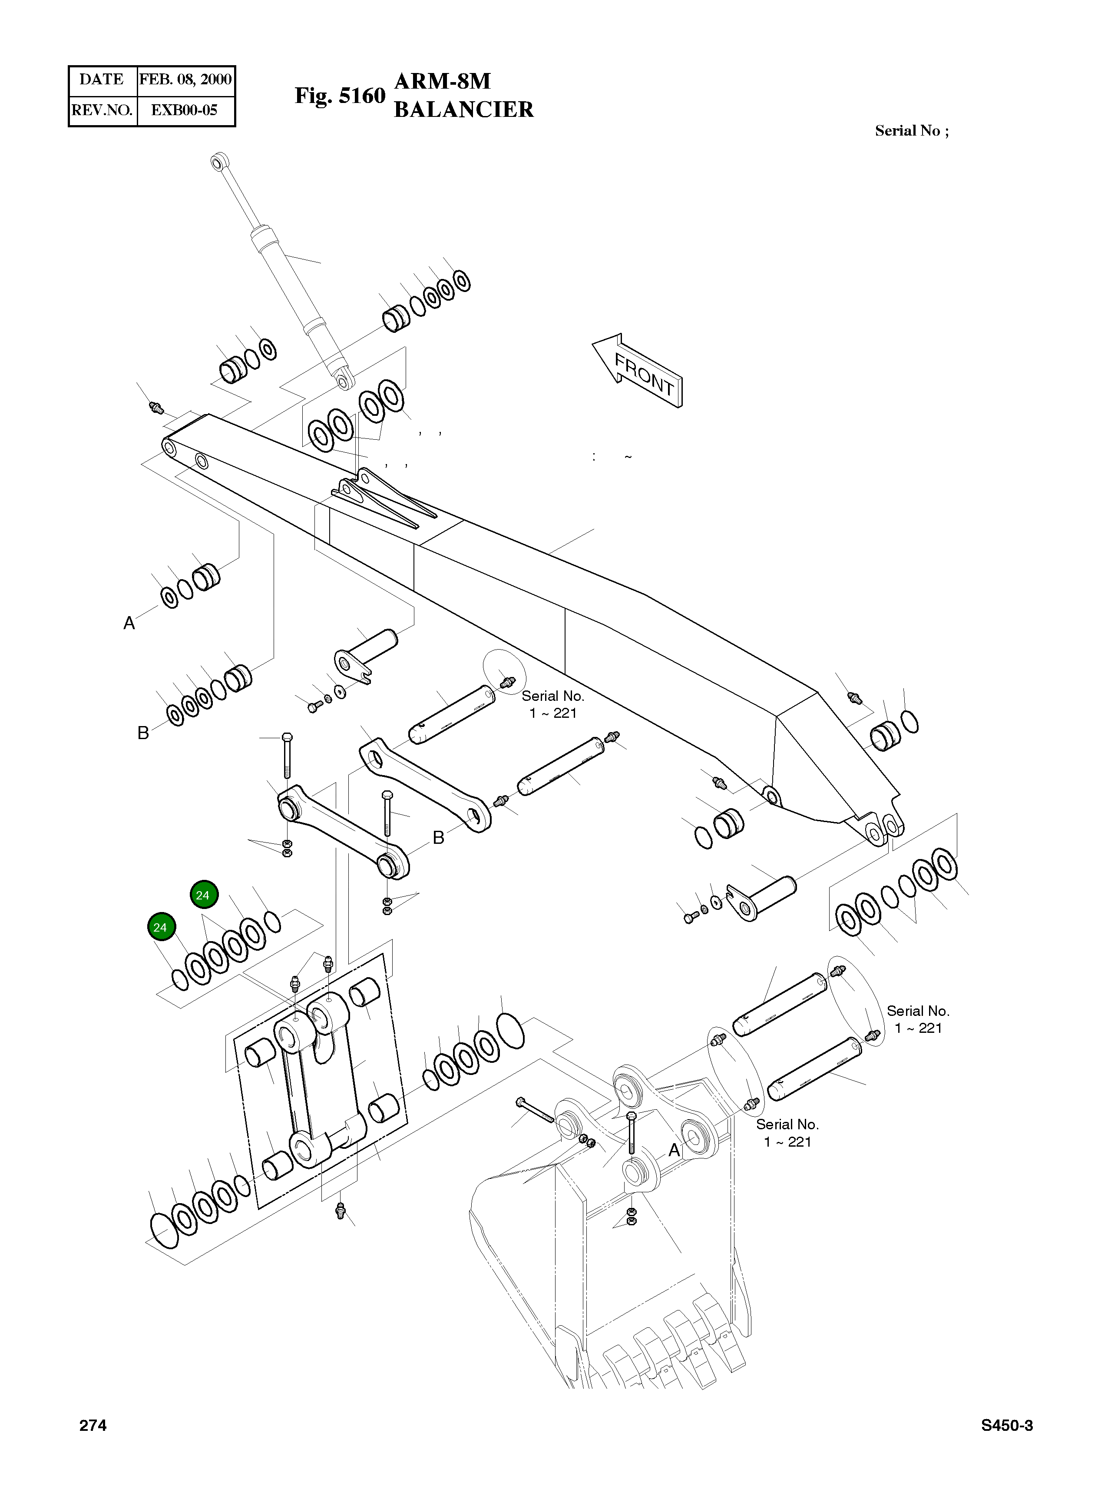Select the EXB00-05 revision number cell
(x=184, y=110)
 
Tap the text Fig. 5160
(x=340, y=96)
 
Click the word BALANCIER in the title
(x=463, y=109)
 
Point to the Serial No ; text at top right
(x=911, y=131)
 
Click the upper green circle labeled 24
(x=203, y=895)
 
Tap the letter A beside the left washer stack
(x=129, y=623)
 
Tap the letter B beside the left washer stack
(x=143, y=733)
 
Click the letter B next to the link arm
(x=438, y=838)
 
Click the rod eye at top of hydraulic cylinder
(x=218, y=160)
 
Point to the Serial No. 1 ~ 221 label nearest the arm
(x=552, y=704)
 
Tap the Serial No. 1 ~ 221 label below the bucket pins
(x=787, y=1132)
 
